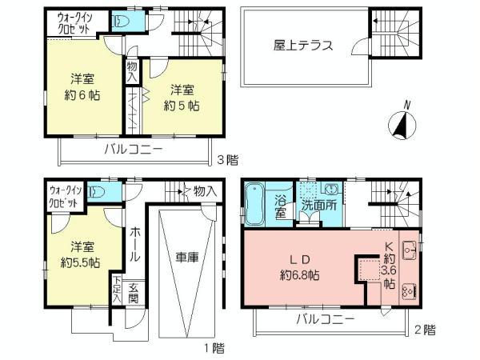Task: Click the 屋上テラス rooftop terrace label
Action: pyautogui.click(x=301, y=45)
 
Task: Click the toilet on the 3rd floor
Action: pyautogui.click(x=121, y=22)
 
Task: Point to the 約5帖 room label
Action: pyautogui.click(x=182, y=105)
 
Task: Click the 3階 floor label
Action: pyautogui.click(x=228, y=159)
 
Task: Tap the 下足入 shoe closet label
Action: pyautogui.click(x=118, y=289)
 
